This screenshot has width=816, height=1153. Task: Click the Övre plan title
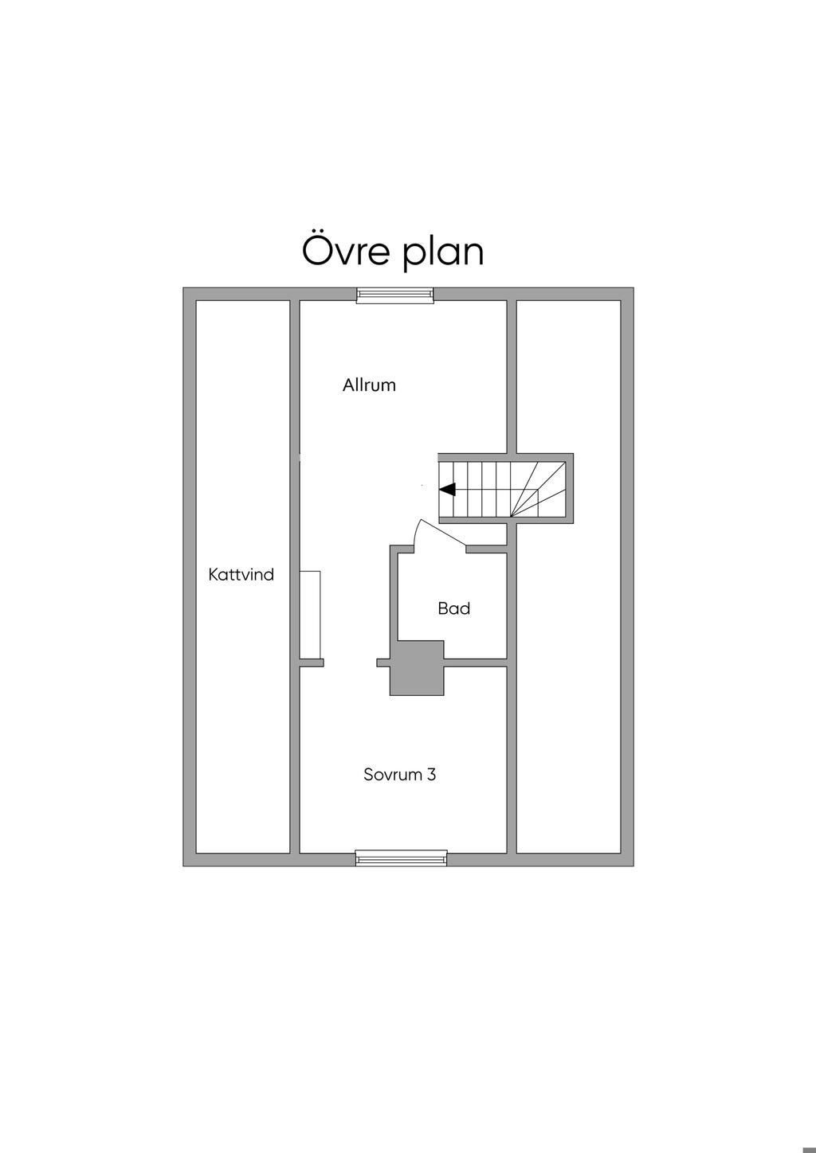(393, 251)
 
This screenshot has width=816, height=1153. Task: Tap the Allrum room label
(369, 385)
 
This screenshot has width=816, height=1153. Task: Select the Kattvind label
(241, 574)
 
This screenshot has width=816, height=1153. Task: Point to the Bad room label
(453, 608)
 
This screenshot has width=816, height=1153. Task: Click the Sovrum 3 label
(399, 774)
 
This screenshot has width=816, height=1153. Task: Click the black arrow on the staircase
(447, 490)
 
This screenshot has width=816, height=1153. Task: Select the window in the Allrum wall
(394, 295)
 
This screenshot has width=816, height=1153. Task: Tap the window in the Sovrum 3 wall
(401, 858)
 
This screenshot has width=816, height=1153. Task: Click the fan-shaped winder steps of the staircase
(538, 489)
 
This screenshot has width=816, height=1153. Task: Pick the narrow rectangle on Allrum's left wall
(310, 614)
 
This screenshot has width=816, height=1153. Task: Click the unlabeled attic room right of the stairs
(568, 685)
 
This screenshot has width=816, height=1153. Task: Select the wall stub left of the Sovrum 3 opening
(312, 662)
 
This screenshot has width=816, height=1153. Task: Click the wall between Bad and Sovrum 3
(476, 662)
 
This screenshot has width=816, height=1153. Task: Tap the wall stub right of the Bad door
(486, 549)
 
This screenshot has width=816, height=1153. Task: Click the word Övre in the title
(346, 250)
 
